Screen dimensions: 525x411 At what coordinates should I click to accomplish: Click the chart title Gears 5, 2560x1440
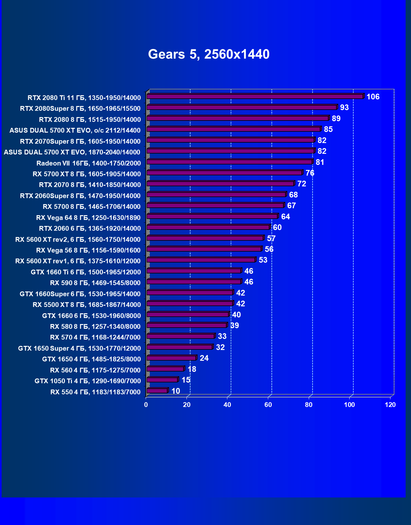(x=209, y=54)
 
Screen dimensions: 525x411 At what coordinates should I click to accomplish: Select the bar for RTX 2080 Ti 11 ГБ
(x=255, y=97)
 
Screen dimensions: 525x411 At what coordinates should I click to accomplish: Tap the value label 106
(x=373, y=97)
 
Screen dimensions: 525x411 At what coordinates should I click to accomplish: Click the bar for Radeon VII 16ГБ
(x=230, y=162)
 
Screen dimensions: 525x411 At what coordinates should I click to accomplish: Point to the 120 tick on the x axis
(x=390, y=405)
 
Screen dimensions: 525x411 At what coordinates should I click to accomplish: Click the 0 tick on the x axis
(x=146, y=405)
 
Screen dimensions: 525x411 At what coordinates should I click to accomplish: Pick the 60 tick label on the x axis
(x=268, y=405)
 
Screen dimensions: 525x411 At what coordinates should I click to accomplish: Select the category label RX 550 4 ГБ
(x=95, y=392)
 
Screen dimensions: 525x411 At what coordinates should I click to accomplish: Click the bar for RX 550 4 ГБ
(x=157, y=391)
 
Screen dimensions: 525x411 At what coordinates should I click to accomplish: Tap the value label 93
(x=344, y=108)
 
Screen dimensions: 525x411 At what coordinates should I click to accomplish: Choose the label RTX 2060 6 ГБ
(x=90, y=228)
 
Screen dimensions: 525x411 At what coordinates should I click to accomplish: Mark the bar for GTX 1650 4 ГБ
(x=171, y=358)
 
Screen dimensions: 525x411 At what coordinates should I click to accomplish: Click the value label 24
(x=204, y=358)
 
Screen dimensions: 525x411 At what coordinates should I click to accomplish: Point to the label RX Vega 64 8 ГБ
(x=88, y=218)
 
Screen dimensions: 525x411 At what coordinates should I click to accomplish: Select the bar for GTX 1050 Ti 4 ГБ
(x=162, y=380)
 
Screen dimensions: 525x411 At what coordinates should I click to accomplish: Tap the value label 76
(x=310, y=173)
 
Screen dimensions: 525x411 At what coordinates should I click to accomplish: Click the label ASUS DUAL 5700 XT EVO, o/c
(x=75, y=130)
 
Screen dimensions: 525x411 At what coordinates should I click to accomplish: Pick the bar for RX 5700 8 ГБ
(x=215, y=206)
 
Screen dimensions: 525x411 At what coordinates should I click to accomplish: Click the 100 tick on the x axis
(x=349, y=405)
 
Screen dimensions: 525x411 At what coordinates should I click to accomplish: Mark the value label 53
(x=263, y=260)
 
